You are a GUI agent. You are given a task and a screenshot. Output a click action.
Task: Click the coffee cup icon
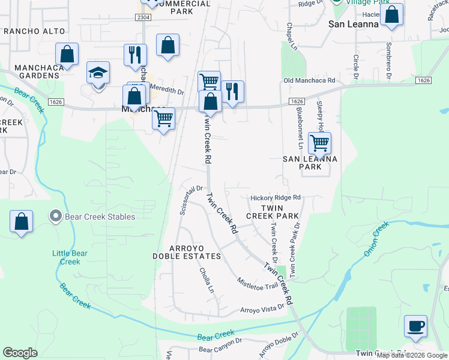[415, 326]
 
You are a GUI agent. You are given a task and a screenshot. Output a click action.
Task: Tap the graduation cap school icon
[98, 73]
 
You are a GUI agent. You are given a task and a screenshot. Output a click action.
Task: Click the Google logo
[20, 353]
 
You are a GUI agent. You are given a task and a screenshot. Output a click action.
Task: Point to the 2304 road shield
[143, 19]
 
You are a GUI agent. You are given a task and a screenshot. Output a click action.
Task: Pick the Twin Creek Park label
[273, 211]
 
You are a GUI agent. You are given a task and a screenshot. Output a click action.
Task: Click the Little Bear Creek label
[70, 257]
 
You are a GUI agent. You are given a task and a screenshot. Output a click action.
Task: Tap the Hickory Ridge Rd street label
[275, 197]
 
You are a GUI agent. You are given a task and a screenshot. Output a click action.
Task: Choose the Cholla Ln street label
[206, 280]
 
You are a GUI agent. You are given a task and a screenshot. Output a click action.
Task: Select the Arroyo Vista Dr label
[262, 309]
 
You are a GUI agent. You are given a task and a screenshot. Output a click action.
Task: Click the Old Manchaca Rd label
[309, 80]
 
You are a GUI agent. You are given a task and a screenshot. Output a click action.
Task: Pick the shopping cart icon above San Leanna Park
[319, 143]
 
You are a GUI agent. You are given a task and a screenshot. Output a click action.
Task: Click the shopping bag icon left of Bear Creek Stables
[22, 221]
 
